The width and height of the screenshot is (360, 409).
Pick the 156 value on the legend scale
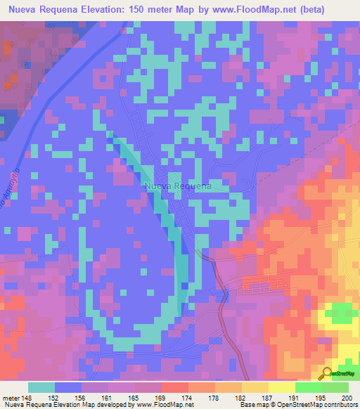pos(82,398)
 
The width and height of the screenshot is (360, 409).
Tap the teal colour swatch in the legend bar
pos(41,387)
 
